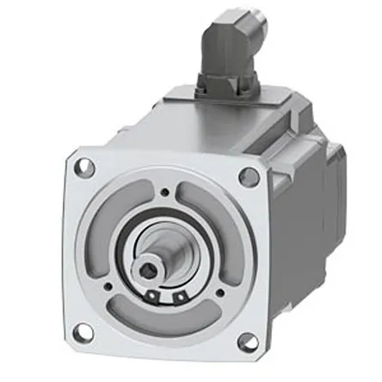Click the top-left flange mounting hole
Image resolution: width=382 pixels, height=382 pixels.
(83, 169)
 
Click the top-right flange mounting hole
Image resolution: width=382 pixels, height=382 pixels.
(249, 176)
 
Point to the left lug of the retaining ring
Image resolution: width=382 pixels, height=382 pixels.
(156, 296)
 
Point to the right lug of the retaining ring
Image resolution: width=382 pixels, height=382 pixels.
(180, 297)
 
